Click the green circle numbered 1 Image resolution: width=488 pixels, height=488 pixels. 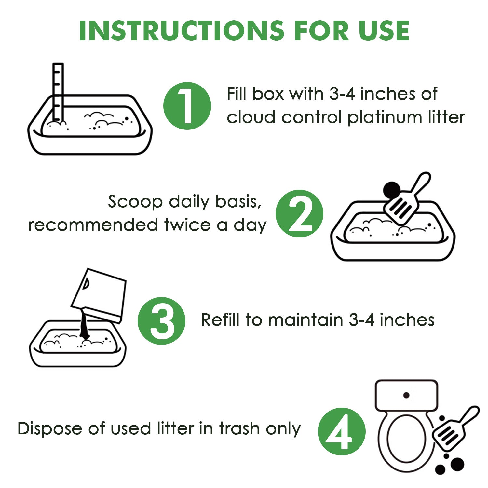187,106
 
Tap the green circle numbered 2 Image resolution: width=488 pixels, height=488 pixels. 299,214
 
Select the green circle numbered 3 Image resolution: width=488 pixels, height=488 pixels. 162,321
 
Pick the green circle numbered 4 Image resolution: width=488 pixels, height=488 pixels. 342,431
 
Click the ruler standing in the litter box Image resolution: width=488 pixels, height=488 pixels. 58,93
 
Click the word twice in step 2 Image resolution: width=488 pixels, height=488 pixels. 187,225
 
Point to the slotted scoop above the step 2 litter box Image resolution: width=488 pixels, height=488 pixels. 407,199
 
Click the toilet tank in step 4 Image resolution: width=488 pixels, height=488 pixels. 406,395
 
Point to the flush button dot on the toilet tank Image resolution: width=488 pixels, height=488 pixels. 406,395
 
